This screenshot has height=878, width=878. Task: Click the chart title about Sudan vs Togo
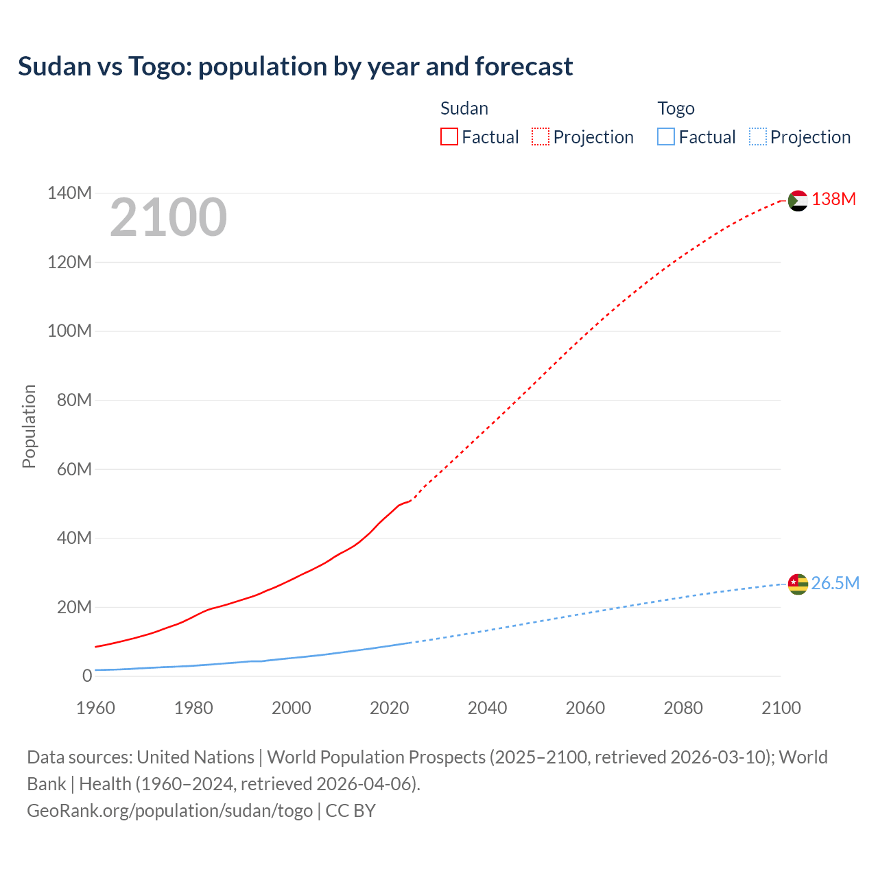(295, 67)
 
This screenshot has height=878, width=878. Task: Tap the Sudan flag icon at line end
(798, 200)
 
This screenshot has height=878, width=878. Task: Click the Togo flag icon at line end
(798, 584)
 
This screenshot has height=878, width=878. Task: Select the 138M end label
(833, 199)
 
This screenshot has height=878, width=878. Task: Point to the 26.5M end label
(835, 583)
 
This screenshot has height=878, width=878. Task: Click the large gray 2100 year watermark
(168, 217)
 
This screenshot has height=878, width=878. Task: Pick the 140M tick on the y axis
(69, 193)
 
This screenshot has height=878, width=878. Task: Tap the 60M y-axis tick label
(73, 469)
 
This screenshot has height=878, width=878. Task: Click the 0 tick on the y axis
(87, 676)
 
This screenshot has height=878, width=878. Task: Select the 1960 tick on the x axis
(95, 708)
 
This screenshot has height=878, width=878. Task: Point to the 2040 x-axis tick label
(487, 708)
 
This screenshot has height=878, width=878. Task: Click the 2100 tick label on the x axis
(781, 708)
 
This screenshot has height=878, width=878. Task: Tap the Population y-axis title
(29, 426)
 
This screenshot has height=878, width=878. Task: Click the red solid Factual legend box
(449, 137)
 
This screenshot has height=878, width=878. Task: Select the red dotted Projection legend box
(541, 137)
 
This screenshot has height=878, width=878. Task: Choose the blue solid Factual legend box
(666, 137)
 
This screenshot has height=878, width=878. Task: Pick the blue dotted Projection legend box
(757, 137)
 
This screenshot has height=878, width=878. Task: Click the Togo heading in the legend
(676, 108)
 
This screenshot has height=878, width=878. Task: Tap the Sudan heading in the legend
(464, 108)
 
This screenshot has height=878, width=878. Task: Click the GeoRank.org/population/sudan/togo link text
(169, 810)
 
